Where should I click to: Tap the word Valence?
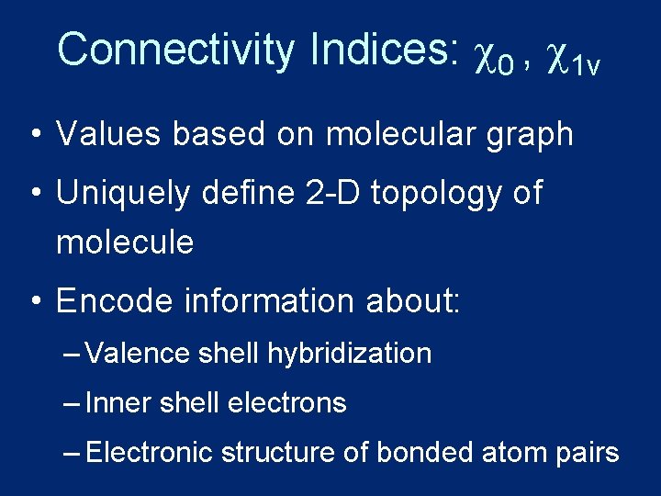point(137,353)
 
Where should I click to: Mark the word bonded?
point(428,452)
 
